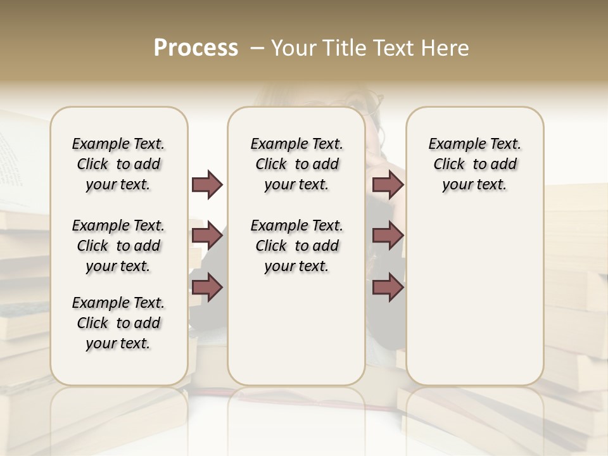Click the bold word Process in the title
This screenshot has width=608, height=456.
196,48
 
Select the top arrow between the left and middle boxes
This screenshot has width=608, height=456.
207,185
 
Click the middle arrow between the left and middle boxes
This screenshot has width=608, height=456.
207,236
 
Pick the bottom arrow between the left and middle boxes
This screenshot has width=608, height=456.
207,287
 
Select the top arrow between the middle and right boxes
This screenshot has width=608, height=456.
388,185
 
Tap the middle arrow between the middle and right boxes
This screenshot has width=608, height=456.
388,236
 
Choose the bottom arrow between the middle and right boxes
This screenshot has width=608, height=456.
388,287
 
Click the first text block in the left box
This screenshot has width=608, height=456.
118,164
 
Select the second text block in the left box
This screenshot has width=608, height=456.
118,246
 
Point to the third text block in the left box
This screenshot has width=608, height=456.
118,323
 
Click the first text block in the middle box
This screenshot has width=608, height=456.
296,164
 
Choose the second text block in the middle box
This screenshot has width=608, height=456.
296,246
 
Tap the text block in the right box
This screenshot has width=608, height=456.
474,164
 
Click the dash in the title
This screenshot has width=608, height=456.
257,48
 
